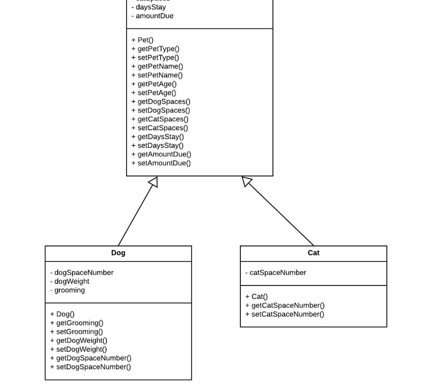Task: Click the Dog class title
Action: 118,253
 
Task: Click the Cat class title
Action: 313,253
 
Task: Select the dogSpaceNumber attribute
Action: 82,273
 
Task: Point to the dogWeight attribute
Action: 69,281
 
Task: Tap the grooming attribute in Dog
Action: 67,290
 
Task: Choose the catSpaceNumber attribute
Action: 276,273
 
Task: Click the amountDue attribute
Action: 152,16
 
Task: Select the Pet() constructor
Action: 143,40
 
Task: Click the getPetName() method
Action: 157,66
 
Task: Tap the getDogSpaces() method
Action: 161,102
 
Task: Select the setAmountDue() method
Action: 161,163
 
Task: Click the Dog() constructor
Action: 62,314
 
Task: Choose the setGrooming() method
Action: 76,331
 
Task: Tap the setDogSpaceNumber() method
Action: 90,367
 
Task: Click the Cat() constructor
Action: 257,296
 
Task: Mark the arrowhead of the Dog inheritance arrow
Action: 153,182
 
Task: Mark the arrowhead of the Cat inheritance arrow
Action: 247,181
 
